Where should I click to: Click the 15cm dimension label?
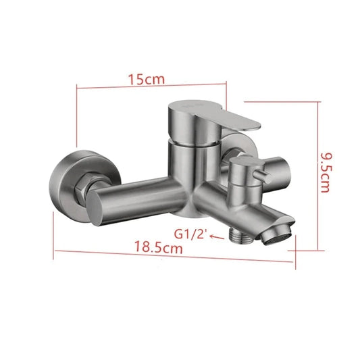147,79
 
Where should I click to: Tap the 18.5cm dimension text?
159,247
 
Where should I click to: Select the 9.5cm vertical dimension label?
326,173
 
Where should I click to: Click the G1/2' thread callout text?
191,234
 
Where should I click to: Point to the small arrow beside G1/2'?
217,237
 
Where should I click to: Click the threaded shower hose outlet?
241,237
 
